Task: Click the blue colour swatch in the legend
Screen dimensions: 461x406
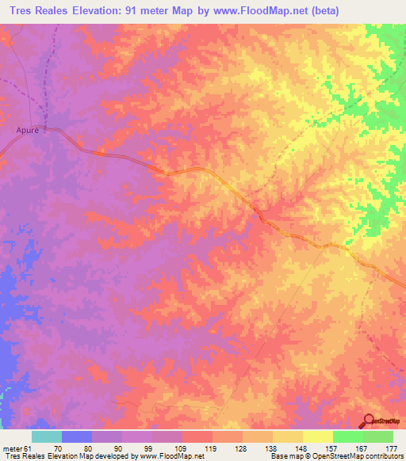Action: point(76,436)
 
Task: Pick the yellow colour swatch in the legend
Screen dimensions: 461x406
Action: point(317,436)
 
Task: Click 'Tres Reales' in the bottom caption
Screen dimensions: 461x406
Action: point(21,456)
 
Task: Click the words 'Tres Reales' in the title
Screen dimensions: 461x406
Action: point(36,10)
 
